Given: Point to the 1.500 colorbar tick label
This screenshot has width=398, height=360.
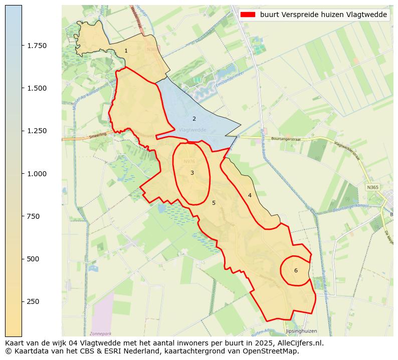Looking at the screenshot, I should (37, 88).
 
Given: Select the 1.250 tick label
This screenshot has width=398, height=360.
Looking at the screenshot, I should (37, 131).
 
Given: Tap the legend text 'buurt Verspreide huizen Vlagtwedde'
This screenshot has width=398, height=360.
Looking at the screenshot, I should (323, 15).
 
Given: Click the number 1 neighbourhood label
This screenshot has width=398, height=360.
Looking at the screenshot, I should (126, 51).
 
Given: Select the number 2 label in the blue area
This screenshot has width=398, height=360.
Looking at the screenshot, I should (194, 119).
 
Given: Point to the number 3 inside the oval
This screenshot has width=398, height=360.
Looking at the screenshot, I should (192, 173).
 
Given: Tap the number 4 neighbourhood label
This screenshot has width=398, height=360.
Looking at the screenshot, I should (250, 195).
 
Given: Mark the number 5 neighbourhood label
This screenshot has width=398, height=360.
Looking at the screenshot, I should (214, 203).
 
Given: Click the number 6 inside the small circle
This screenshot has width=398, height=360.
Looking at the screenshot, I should (296, 270).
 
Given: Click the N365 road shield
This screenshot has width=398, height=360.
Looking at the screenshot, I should (373, 187).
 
